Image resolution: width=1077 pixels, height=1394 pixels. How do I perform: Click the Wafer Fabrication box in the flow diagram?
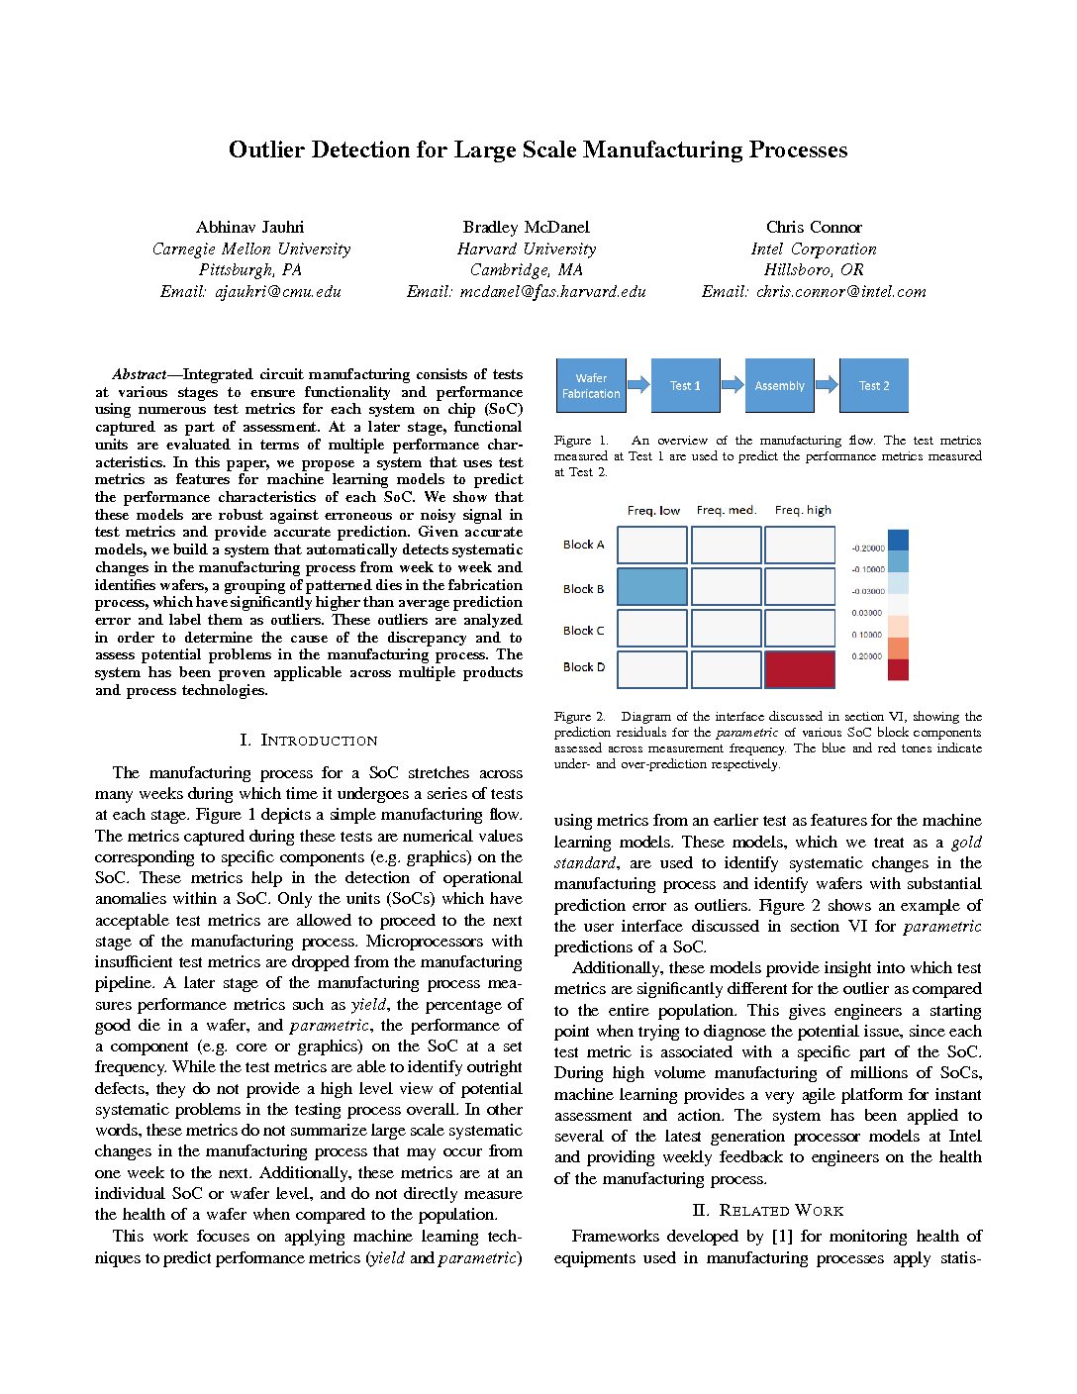[591, 386]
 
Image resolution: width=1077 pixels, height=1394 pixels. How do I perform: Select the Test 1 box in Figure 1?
[685, 386]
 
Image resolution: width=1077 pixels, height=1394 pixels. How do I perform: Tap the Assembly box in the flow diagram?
[779, 386]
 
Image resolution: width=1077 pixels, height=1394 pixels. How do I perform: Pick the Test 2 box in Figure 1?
[873, 386]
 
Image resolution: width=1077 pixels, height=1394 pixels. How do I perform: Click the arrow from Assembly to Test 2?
[827, 385]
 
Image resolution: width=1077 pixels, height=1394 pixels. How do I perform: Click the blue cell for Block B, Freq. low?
[652, 587]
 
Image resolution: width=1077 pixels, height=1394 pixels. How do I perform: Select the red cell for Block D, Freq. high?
[800, 669]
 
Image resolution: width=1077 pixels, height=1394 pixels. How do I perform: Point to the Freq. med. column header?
[727, 511]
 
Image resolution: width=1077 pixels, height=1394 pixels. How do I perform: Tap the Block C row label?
[583, 631]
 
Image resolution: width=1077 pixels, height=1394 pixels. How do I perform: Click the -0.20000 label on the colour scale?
[868, 548]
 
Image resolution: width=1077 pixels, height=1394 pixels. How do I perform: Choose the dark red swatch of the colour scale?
[898, 670]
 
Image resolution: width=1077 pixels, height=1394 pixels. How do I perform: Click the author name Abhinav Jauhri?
[250, 228]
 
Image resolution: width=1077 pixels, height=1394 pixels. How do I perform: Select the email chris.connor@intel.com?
[814, 292]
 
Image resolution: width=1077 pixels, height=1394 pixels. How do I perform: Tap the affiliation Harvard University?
[527, 249]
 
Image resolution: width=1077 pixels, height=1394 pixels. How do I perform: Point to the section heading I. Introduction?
[309, 741]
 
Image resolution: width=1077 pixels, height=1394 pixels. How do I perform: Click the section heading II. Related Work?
[767, 1211]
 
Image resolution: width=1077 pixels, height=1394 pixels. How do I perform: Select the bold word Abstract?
[138, 375]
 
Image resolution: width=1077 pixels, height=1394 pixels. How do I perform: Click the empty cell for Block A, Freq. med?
[727, 546]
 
